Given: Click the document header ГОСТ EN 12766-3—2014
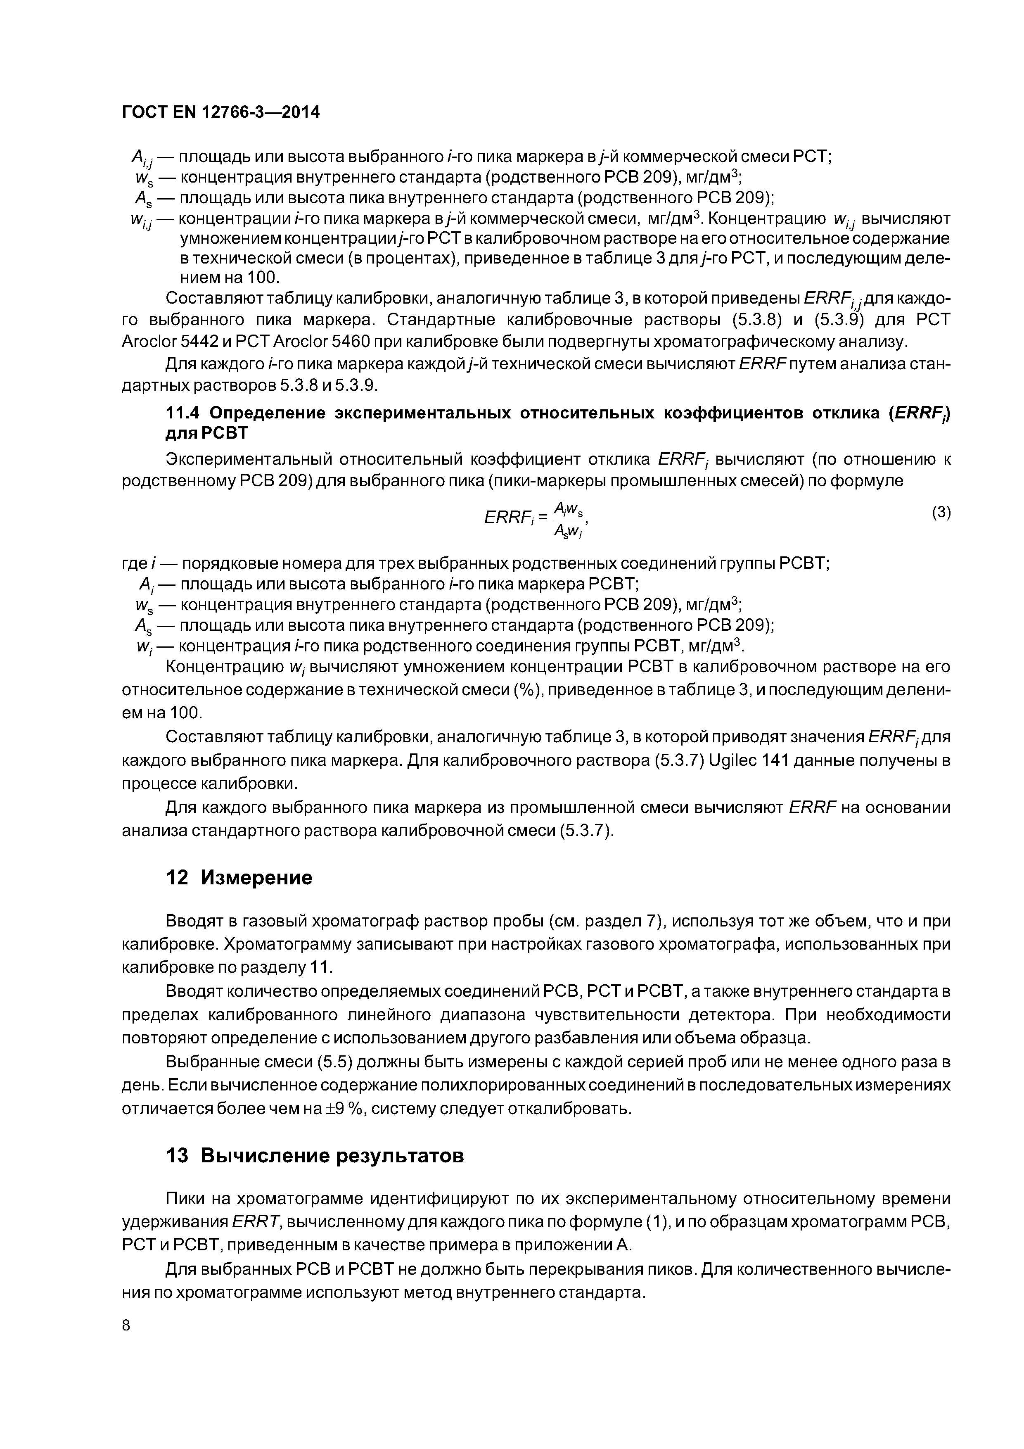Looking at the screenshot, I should (221, 112).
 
